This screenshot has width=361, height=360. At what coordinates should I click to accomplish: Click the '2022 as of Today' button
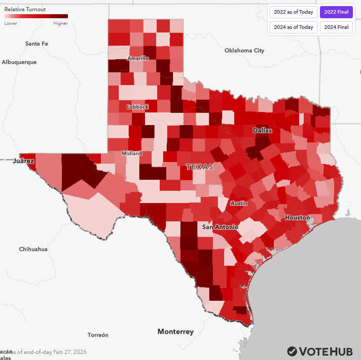click(x=293, y=12)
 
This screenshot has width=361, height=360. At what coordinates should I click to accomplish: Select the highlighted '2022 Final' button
click(x=336, y=12)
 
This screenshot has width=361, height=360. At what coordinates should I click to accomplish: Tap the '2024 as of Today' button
click(x=293, y=27)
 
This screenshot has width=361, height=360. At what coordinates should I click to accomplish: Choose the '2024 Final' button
click(x=336, y=27)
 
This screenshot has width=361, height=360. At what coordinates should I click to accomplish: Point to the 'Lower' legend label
click(x=11, y=23)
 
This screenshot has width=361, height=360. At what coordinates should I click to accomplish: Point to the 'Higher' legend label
click(x=60, y=23)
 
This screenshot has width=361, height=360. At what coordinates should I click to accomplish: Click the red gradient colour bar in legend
click(x=36, y=17)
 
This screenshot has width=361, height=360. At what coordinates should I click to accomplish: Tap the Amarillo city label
click(x=138, y=58)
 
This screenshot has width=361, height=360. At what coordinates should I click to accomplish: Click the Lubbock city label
click(x=137, y=107)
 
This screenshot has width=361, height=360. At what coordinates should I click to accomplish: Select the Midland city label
click(x=132, y=153)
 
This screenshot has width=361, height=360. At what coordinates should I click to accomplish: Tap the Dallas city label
click(x=263, y=130)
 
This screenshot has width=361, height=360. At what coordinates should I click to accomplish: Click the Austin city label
click(x=239, y=203)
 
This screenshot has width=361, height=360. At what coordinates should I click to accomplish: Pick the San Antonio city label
click(x=220, y=227)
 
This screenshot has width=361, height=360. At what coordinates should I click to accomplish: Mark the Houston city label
click(x=297, y=217)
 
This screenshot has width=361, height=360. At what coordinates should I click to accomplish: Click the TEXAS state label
click(x=200, y=167)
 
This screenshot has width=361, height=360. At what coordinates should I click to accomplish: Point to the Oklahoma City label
click(x=244, y=51)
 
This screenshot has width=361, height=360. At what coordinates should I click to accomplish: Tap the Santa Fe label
click(x=37, y=44)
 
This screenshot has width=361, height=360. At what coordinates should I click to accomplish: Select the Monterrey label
click(x=175, y=332)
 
